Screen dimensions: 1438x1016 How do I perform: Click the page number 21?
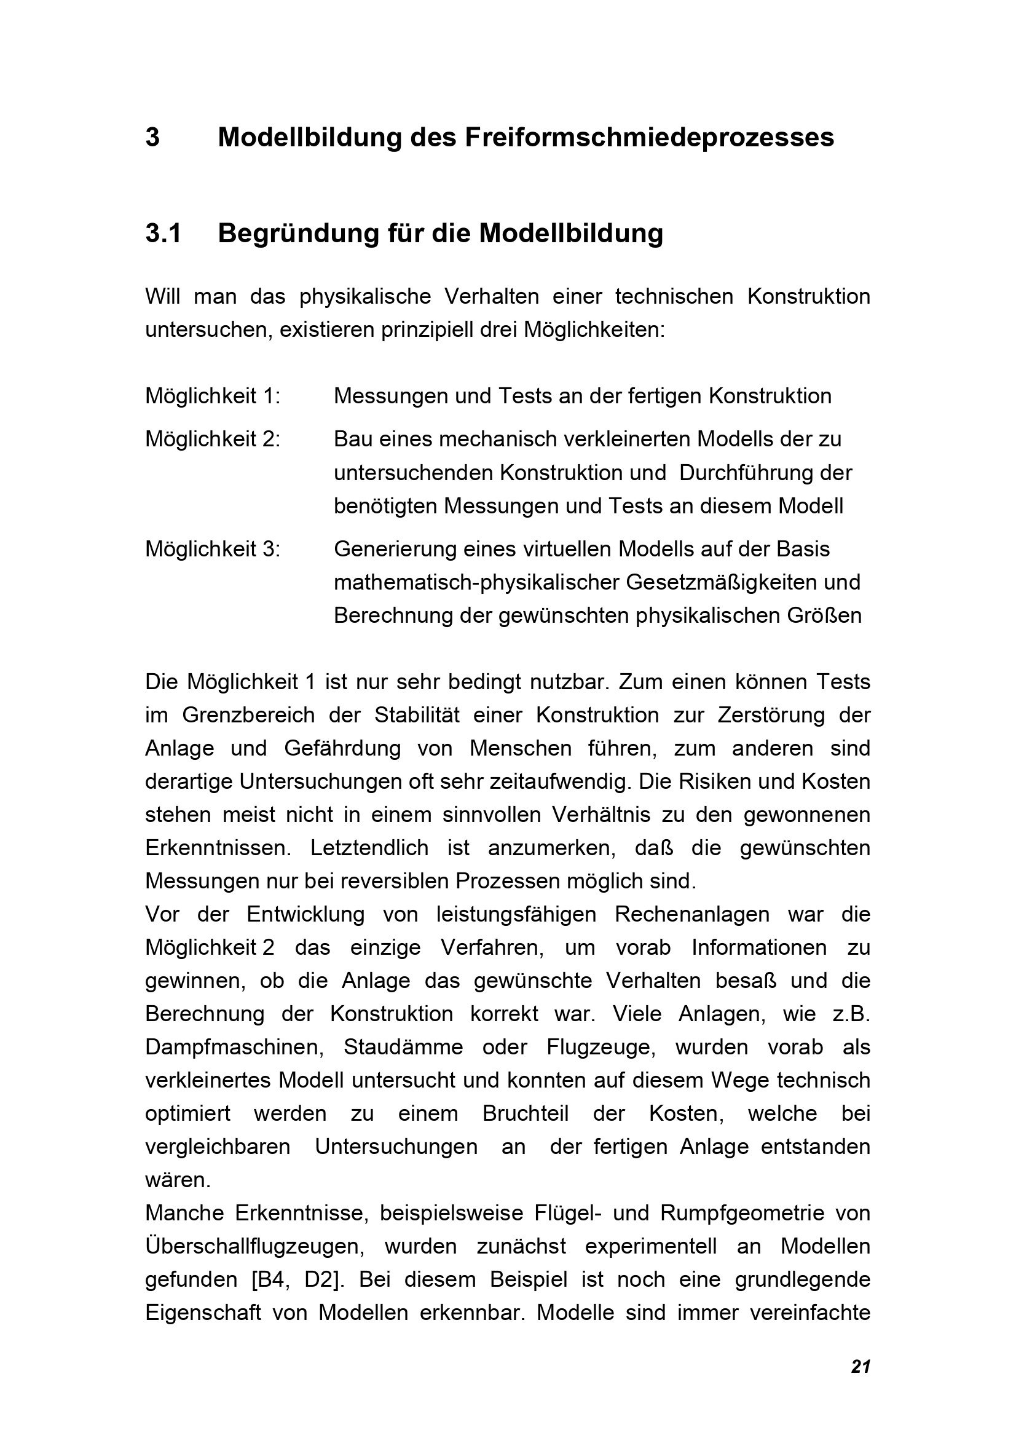coord(860,1367)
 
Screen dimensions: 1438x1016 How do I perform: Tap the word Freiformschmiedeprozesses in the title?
coord(649,138)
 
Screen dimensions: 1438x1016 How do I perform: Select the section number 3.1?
coord(163,234)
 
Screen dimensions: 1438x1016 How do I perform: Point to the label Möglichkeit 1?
coord(213,396)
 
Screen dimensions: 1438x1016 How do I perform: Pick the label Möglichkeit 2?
coord(213,439)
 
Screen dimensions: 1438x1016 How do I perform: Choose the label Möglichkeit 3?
coord(213,548)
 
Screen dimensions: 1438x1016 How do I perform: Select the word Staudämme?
coord(403,1046)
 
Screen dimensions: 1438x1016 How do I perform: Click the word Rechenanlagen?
coord(691,914)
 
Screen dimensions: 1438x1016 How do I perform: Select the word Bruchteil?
coord(526,1113)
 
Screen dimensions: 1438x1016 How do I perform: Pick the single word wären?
coord(178,1180)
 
